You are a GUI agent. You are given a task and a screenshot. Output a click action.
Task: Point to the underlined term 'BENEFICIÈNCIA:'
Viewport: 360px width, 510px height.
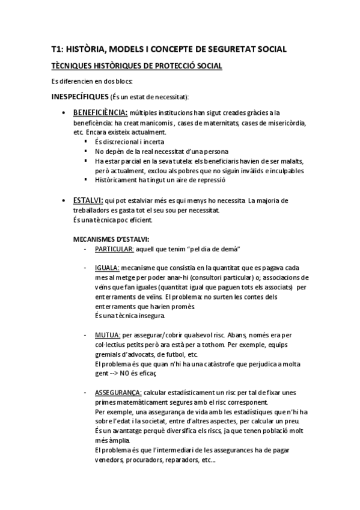point(100,112)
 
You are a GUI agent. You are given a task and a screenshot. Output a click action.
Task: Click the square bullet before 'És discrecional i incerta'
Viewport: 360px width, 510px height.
point(87,142)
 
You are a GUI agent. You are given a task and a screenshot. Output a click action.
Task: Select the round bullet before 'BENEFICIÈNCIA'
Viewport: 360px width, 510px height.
point(64,113)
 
